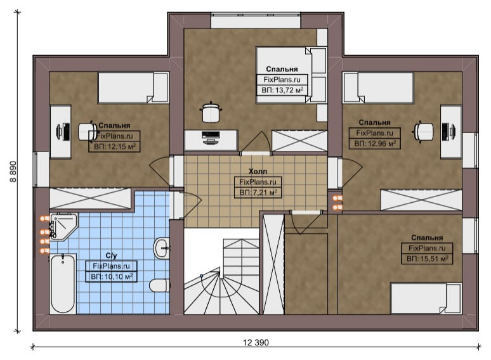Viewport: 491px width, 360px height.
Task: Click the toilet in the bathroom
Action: coord(159,285)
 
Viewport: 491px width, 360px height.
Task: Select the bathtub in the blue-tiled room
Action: coord(63,284)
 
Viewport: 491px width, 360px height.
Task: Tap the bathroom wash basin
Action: coord(162,248)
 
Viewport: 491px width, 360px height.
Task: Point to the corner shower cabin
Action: coord(63,226)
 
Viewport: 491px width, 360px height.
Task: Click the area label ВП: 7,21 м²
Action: coord(258,192)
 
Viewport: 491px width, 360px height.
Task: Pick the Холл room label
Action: coord(258,171)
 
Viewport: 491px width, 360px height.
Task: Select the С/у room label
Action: coord(111,255)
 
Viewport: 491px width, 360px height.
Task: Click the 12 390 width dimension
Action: coord(256,342)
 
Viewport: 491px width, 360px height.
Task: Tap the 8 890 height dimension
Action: coord(13,171)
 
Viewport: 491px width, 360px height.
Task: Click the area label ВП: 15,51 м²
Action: coord(427,259)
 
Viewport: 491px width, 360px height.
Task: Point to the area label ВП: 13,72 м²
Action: coord(282,91)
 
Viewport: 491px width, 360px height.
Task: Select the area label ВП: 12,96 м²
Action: coord(375,144)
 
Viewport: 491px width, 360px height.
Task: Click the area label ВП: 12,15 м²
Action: coord(115,146)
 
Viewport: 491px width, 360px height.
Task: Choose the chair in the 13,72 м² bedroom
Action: coord(211,112)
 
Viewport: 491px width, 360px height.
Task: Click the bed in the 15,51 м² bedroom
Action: coord(426,298)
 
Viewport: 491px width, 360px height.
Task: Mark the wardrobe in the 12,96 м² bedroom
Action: coord(421,200)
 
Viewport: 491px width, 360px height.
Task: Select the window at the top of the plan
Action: coord(256,21)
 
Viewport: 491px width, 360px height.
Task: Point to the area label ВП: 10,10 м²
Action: coord(112,277)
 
